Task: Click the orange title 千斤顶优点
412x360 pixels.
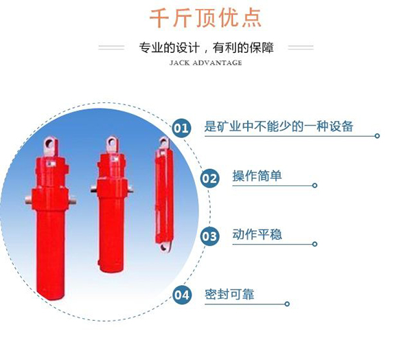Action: [x=205, y=18]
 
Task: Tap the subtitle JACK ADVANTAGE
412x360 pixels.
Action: [x=205, y=63]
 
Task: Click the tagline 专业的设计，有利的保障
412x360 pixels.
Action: [x=206, y=47]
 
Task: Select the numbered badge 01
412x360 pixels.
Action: [x=181, y=128]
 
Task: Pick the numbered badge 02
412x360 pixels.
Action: [x=209, y=179]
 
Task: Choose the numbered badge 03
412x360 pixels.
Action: [x=209, y=236]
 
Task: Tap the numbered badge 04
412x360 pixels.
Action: [x=181, y=295]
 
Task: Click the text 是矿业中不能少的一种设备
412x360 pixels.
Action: [x=279, y=126]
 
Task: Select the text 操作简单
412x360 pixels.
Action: [x=257, y=176]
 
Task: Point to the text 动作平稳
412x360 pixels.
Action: [x=257, y=234]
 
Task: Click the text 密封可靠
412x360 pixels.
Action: [x=229, y=294]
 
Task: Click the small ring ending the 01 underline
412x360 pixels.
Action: [x=377, y=136]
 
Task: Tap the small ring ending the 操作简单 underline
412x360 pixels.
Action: [x=314, y=185]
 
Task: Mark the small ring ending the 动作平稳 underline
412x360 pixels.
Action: [x=314, y=244]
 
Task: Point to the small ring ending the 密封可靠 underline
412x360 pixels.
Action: [x=287, y=304]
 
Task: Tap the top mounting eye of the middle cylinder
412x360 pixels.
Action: [x=112, y=144]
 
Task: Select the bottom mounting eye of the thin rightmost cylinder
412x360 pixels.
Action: [x=165, y=247]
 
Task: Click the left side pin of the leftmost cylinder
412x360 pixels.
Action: [x=29, y=200]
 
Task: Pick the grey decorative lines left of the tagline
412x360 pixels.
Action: [x=111, y=47]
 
